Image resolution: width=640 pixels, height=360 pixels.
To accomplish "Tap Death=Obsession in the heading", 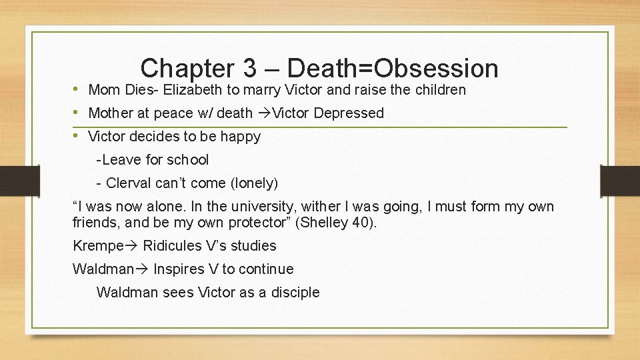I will point(394,68).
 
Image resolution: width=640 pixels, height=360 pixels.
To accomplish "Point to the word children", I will point(439,89).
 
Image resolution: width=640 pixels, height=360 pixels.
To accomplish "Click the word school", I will point(187,160).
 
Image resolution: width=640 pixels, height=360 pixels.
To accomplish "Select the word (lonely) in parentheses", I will point(253,183).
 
